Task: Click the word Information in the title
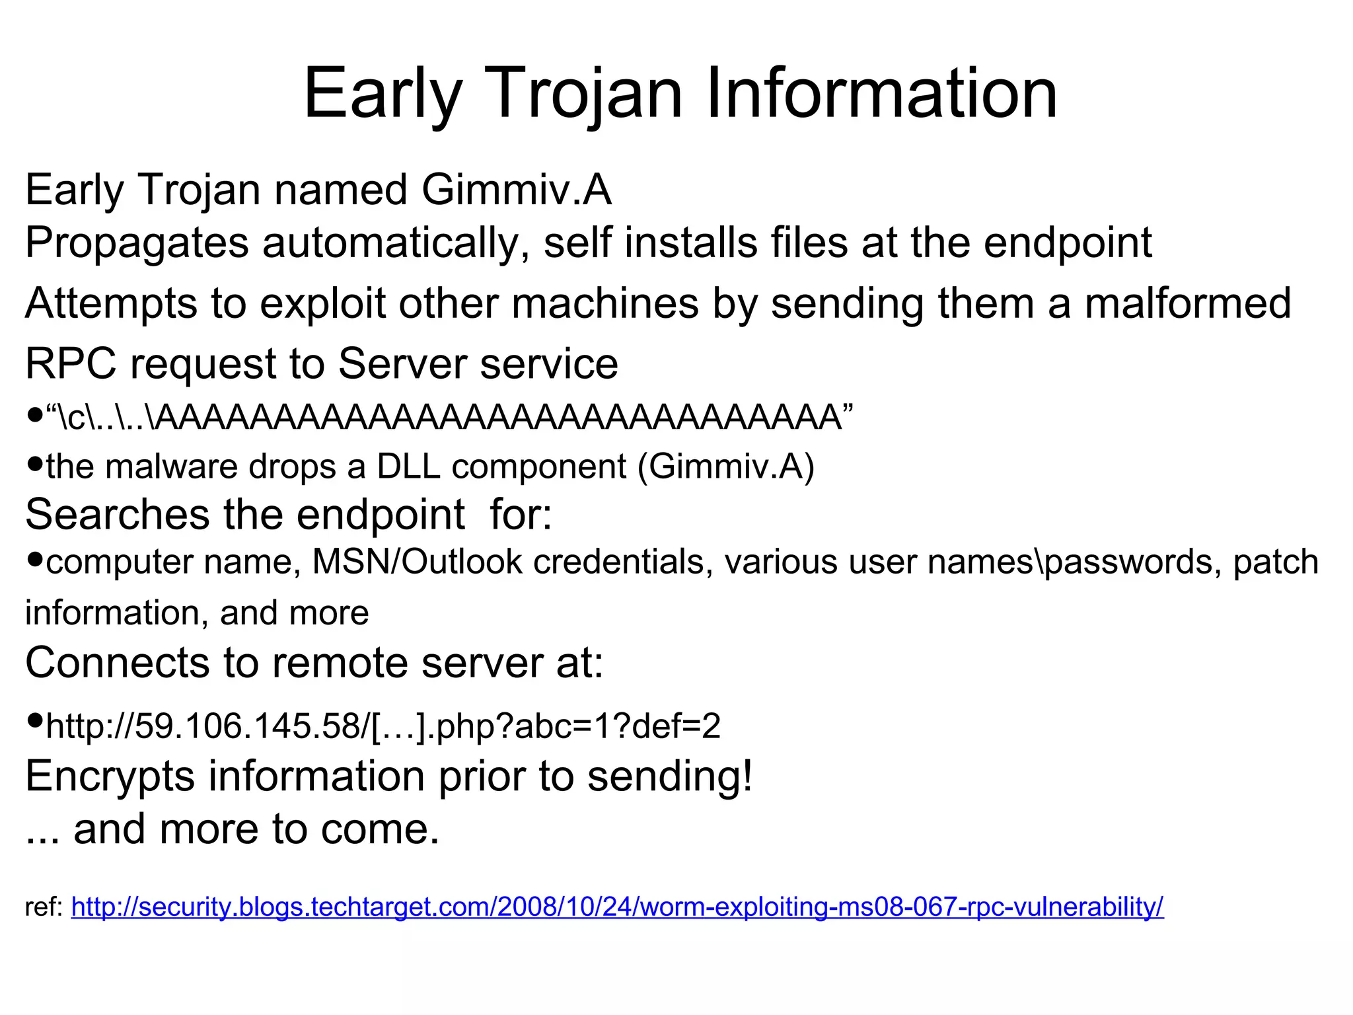881,94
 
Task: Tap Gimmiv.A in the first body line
516,190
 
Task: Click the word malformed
1187,303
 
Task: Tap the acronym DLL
408,467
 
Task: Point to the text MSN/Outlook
418,562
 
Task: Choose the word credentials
622,562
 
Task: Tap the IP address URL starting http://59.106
383,726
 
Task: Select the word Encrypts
110,776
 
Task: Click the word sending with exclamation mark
669,776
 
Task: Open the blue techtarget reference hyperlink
617,907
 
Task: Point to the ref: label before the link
44,907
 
